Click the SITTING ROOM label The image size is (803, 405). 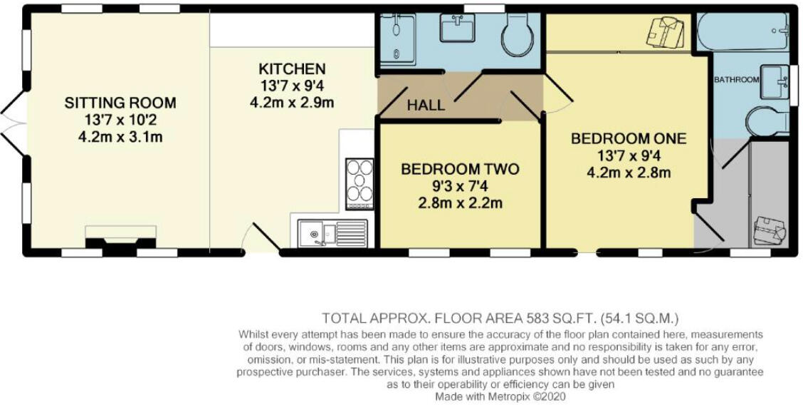[120, 103]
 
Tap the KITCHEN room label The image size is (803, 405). [292, 69]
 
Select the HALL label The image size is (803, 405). [426, 106]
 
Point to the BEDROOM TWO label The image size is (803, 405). [460, 170]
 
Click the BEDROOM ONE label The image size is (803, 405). [629, 138]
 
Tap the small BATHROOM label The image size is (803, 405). [736, 80]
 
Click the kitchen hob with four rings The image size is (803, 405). [359, 183]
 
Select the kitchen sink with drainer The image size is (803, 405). [332, 232]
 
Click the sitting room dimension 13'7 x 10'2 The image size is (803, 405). [120, 120]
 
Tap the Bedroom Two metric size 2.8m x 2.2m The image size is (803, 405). [460, 202]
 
